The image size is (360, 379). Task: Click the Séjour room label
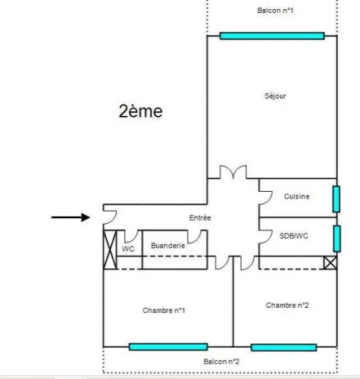pyautogui.click(x=275, y=96)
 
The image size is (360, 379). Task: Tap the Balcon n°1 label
pyautogui.click(x=275, y=11)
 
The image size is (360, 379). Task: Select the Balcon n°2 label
pyautogui.click(x=221, y=362)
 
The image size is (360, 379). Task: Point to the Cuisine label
pyautogui.click(x=296, y=196)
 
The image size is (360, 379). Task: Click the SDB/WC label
pyautogui.click(x=293, y=236)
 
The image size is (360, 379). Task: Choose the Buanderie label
pyautogui.click(x=168, y=246)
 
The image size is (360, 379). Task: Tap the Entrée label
pyautogui.click(x=200, y=218)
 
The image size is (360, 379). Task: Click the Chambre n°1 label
pyautogui.click(x=164, y=310)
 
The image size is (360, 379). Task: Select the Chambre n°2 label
pyautogui.click(x=287, y=305)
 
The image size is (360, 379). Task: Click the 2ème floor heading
pyautogui.click(x=140, y=111)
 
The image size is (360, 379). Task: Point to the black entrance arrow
pyautogui.click(x=70, y=218)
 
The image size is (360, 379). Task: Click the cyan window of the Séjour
pyautogui.click(x=272, y=36)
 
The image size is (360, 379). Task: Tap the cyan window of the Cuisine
pyautogui.click(x=336, y=199)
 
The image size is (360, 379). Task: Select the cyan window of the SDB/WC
pyautogui.click(x=337, y=239)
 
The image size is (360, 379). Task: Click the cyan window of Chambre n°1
pyautogui.click(x=168, y=347)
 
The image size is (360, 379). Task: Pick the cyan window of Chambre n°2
pyautogui.click(x=283, y=347)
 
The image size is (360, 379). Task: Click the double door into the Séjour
pyautogui.click(x=233, y=172)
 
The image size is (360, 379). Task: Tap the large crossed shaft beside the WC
pyautogui.click(x=110, y=249)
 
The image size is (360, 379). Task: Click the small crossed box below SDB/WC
pyautogui.click(x=330, y=263)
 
